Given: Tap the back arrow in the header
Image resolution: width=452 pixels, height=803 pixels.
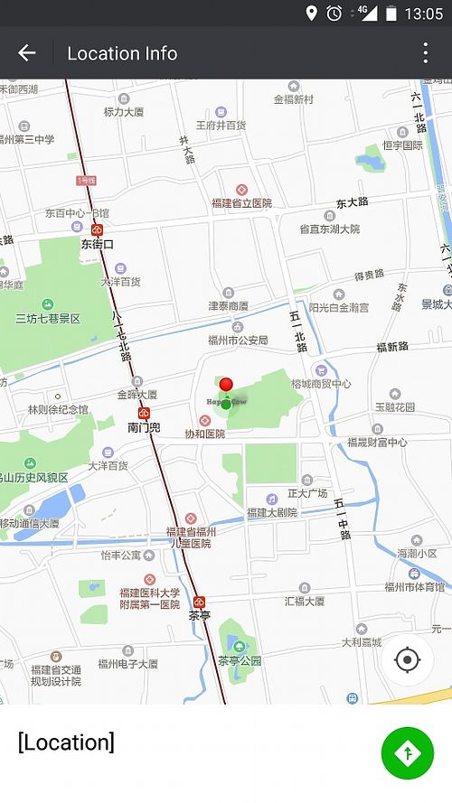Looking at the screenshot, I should click(26, 52).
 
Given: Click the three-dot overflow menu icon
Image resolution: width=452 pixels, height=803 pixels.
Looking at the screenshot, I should click(425, 52).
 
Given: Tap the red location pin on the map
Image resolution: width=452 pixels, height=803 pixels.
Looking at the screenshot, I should click(226, 386).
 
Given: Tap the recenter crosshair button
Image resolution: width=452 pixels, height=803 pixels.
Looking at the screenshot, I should click(408, 659).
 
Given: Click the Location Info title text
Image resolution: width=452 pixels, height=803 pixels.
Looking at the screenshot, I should click(122, 53).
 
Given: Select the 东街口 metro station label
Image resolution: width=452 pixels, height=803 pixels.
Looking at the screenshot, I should click(98, 244).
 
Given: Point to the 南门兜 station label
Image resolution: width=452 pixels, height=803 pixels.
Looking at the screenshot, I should click(144, 427).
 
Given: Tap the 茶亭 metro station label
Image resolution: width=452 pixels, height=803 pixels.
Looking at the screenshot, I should click(199, 615).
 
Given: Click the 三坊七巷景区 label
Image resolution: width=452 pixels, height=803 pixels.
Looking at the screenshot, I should click(48, 319).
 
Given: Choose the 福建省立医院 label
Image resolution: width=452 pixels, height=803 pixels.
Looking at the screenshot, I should click(241, 203).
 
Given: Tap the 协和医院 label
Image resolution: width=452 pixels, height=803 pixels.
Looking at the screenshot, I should click(204, 434).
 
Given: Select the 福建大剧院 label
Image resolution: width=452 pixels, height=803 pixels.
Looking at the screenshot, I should click(271, 512).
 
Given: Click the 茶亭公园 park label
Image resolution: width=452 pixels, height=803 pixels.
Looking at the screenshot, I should click(240, 660).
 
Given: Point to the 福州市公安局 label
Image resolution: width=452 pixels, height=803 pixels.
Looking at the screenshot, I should click(238, 341).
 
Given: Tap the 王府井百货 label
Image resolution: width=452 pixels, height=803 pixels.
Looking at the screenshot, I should click(221, 125).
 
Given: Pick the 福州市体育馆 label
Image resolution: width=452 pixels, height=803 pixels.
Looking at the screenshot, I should click(414, 587).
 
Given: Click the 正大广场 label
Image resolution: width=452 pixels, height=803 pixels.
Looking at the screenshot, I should click(306, 493).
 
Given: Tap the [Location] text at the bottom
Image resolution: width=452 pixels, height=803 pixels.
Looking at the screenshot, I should click(66, 742).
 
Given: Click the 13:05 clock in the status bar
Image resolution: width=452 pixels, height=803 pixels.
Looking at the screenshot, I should click(423, 14).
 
